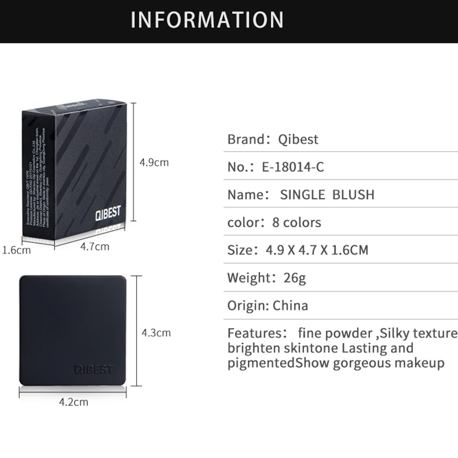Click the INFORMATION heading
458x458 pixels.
207,20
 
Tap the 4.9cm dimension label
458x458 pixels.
154,163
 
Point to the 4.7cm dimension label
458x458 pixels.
95,247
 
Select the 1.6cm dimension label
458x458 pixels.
16,250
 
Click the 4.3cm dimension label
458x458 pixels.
156,333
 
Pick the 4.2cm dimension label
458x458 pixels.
73,403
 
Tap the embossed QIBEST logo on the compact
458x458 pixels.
93,369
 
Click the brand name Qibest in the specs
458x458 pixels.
298,139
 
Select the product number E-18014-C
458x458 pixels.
293,167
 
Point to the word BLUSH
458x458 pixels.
353,195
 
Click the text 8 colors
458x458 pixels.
296,223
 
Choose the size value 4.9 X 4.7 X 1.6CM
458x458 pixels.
317,250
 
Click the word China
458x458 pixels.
290,305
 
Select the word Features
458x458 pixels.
251,333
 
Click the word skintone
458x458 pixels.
311,348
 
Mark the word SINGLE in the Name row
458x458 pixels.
302,195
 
